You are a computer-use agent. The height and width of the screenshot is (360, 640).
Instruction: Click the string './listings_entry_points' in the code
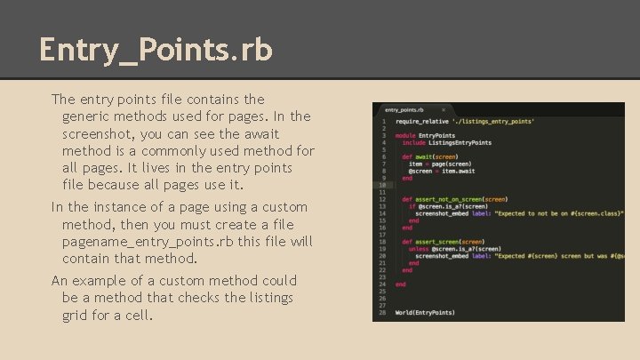[492, 121]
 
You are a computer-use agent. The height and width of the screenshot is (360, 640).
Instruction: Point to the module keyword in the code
[405, 135]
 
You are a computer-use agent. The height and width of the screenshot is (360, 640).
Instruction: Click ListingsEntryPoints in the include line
[460, 142]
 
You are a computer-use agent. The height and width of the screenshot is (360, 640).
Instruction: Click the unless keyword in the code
[419, 249]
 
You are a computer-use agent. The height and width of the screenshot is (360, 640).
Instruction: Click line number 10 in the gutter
[382, 185]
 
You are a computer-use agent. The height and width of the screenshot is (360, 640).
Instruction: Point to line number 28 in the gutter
[382, 312]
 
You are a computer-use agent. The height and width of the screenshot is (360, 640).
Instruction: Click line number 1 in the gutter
[383, 121]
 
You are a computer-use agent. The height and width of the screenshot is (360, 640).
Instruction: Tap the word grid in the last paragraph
[78, 315]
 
